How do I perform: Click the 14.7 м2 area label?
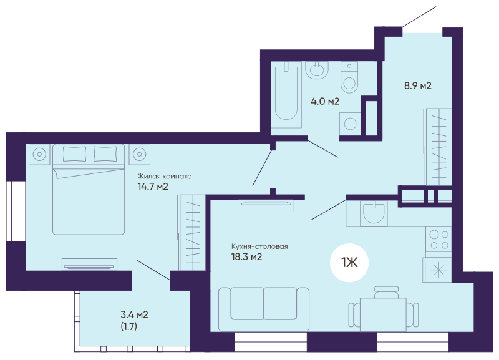click(x=153, y=187)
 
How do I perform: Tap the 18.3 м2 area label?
click(x=246, y=256)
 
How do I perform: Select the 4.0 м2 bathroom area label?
click(x=325, y=102)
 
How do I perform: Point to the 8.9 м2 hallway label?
click(x=418, y=85)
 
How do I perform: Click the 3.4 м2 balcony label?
click(x=134, y=315)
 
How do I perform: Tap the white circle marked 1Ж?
click(x=349, y=263)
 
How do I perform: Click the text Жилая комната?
click(x=165, y=176)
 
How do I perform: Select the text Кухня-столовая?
click(x=259, y=246)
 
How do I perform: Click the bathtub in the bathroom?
click(x=286, y=95)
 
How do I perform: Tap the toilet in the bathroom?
click(x=349, y=77)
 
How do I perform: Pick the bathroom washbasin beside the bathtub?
click(x=317, y=70)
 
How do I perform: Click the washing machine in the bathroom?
click(x=350, y=124)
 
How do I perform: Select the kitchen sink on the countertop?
click(x=374, y=213)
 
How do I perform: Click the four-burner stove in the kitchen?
click(x=438, y=240)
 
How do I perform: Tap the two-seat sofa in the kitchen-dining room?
click(x=264, y=309)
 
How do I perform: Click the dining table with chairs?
click(x=383, y=310)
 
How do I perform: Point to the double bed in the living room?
click(x=89, y=190)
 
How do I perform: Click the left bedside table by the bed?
click(x=39, y=154)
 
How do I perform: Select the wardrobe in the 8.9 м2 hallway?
click(x=438, y=147)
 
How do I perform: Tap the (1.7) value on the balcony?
click(x=129, y=326)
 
